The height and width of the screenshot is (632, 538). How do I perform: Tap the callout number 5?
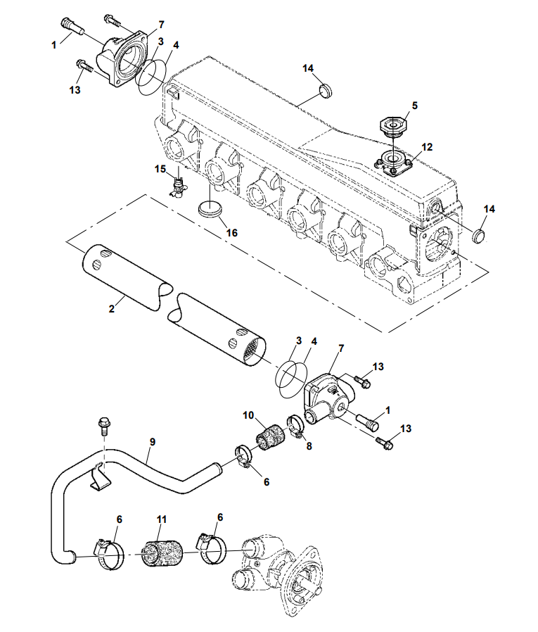415,106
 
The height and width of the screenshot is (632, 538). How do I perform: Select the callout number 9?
152,442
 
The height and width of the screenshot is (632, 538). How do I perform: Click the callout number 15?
160,168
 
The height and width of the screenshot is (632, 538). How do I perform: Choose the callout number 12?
427,147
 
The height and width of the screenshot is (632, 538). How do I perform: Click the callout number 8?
309,445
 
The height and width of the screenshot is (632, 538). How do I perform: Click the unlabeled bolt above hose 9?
103,425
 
